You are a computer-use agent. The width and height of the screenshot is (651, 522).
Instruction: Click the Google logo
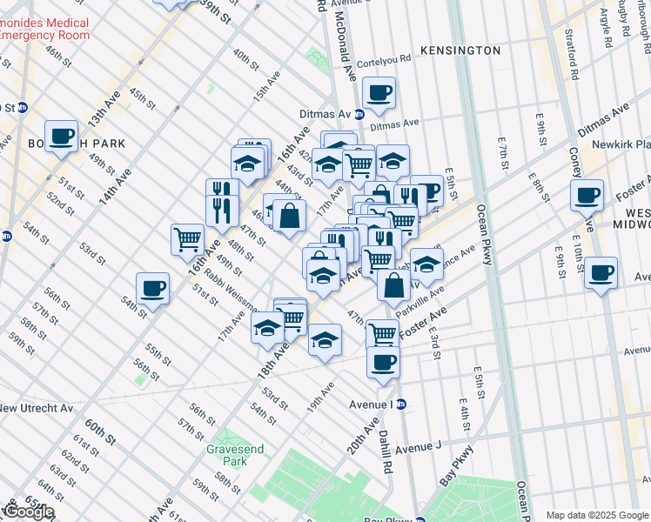[28, 512]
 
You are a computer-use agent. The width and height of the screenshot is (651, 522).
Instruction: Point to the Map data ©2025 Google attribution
[597, 515]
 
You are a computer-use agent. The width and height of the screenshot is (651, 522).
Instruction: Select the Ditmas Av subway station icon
[359, 114]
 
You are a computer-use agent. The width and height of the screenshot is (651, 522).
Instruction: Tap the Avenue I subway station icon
[401, 405]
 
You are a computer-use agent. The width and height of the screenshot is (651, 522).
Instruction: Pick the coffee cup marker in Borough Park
[61, 136]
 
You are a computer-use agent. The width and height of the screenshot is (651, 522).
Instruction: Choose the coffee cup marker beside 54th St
[152, 288]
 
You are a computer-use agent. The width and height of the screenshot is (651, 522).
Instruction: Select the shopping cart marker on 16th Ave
[188, 238]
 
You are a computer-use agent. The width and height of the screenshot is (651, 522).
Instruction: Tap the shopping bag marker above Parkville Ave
[394, 284]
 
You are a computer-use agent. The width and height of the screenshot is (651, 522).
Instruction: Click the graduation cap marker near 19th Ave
[325, 340]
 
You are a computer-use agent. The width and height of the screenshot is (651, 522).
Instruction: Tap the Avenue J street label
[419, 448]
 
